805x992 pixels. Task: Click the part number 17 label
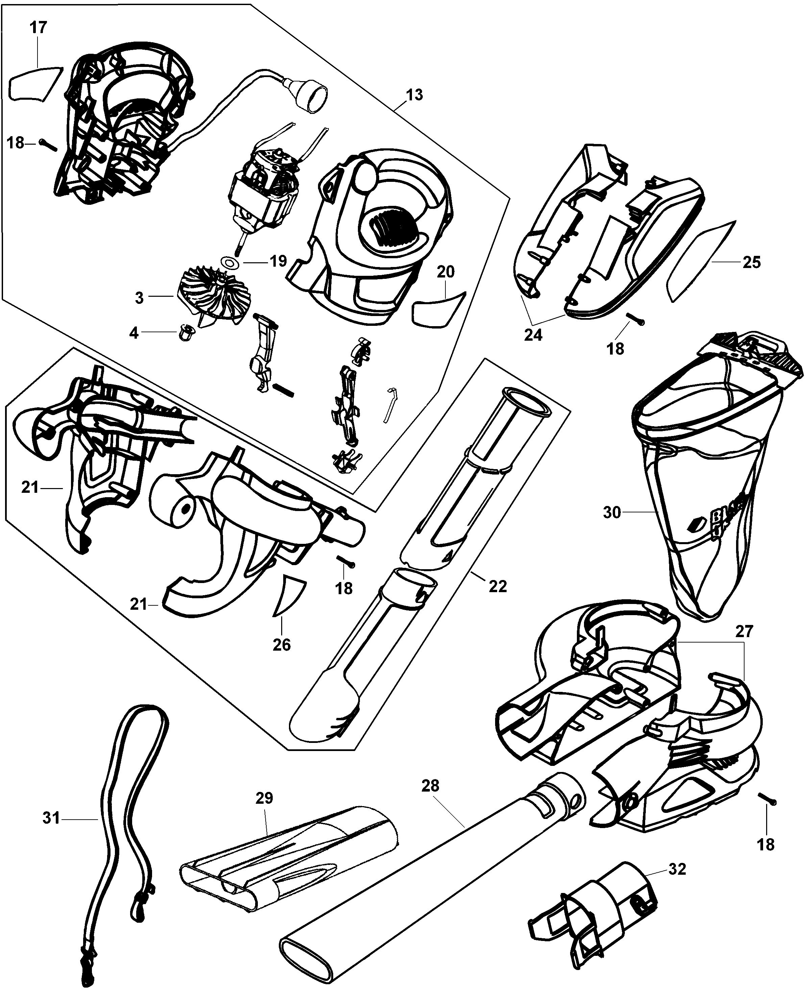pos(39,27)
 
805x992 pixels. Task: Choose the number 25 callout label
pos(752,263)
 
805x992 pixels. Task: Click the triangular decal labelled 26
pos(289,596)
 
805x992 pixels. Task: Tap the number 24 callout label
pos(533,334)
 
